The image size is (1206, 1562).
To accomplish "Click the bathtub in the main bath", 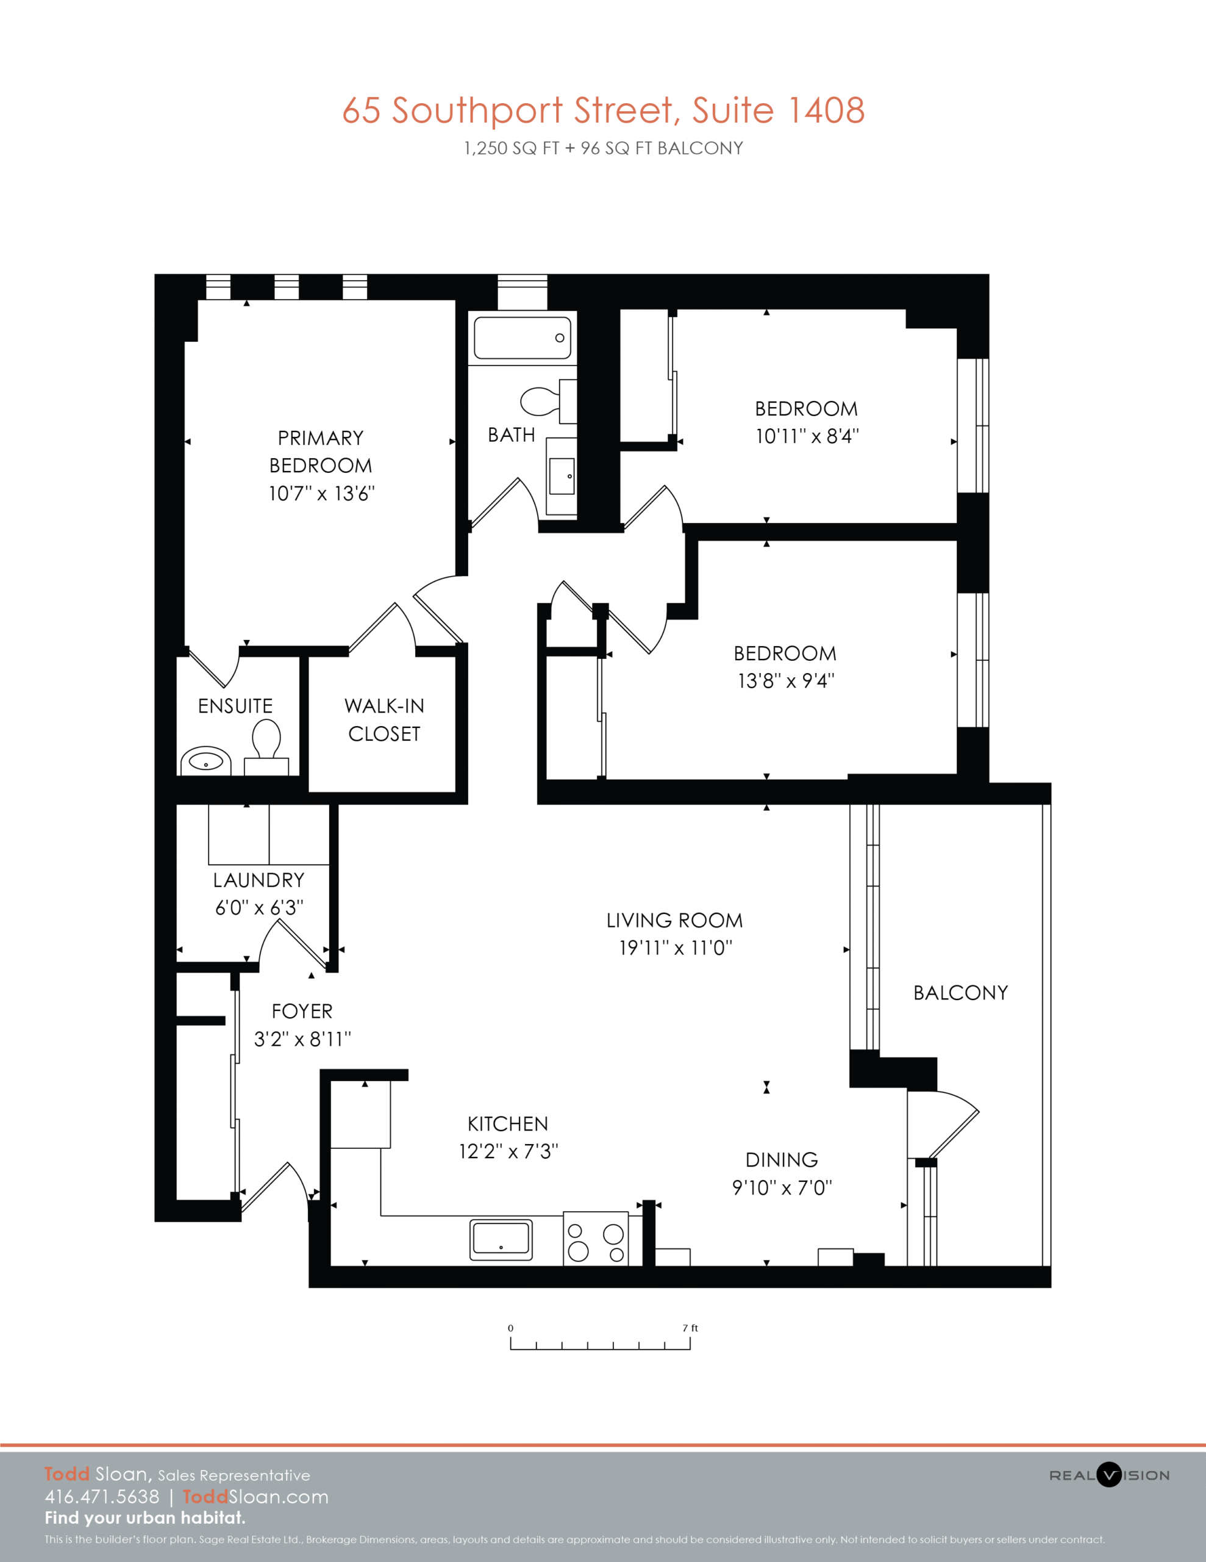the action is (522, 337).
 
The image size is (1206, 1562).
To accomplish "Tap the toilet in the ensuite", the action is (266, 747).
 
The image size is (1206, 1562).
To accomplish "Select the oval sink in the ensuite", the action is (206, 761).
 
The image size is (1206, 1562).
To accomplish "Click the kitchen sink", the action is (501, 1239).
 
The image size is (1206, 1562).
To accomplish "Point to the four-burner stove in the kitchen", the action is (596, 1239).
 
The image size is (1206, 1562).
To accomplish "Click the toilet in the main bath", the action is (548, 401).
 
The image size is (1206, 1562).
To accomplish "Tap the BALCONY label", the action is (961, 993).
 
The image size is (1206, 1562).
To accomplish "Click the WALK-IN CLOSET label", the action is (385, 719).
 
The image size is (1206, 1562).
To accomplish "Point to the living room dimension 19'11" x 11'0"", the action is (676, 948).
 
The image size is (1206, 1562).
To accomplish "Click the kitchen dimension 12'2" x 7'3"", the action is (508, 1151).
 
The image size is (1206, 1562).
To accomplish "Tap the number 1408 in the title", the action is (826, 110).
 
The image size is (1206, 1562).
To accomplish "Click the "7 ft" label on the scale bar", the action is (690, 1328).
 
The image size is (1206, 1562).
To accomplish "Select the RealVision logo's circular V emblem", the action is (1109, 1475).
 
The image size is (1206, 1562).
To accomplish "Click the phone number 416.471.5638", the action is (102, 1497).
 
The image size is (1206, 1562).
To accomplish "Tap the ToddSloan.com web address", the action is (256, 1497).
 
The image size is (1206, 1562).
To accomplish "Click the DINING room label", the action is (782, 1160).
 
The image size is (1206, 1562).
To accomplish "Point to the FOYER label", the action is (302, 1011).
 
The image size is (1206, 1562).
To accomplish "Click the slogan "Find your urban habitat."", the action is (145, 1517).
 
